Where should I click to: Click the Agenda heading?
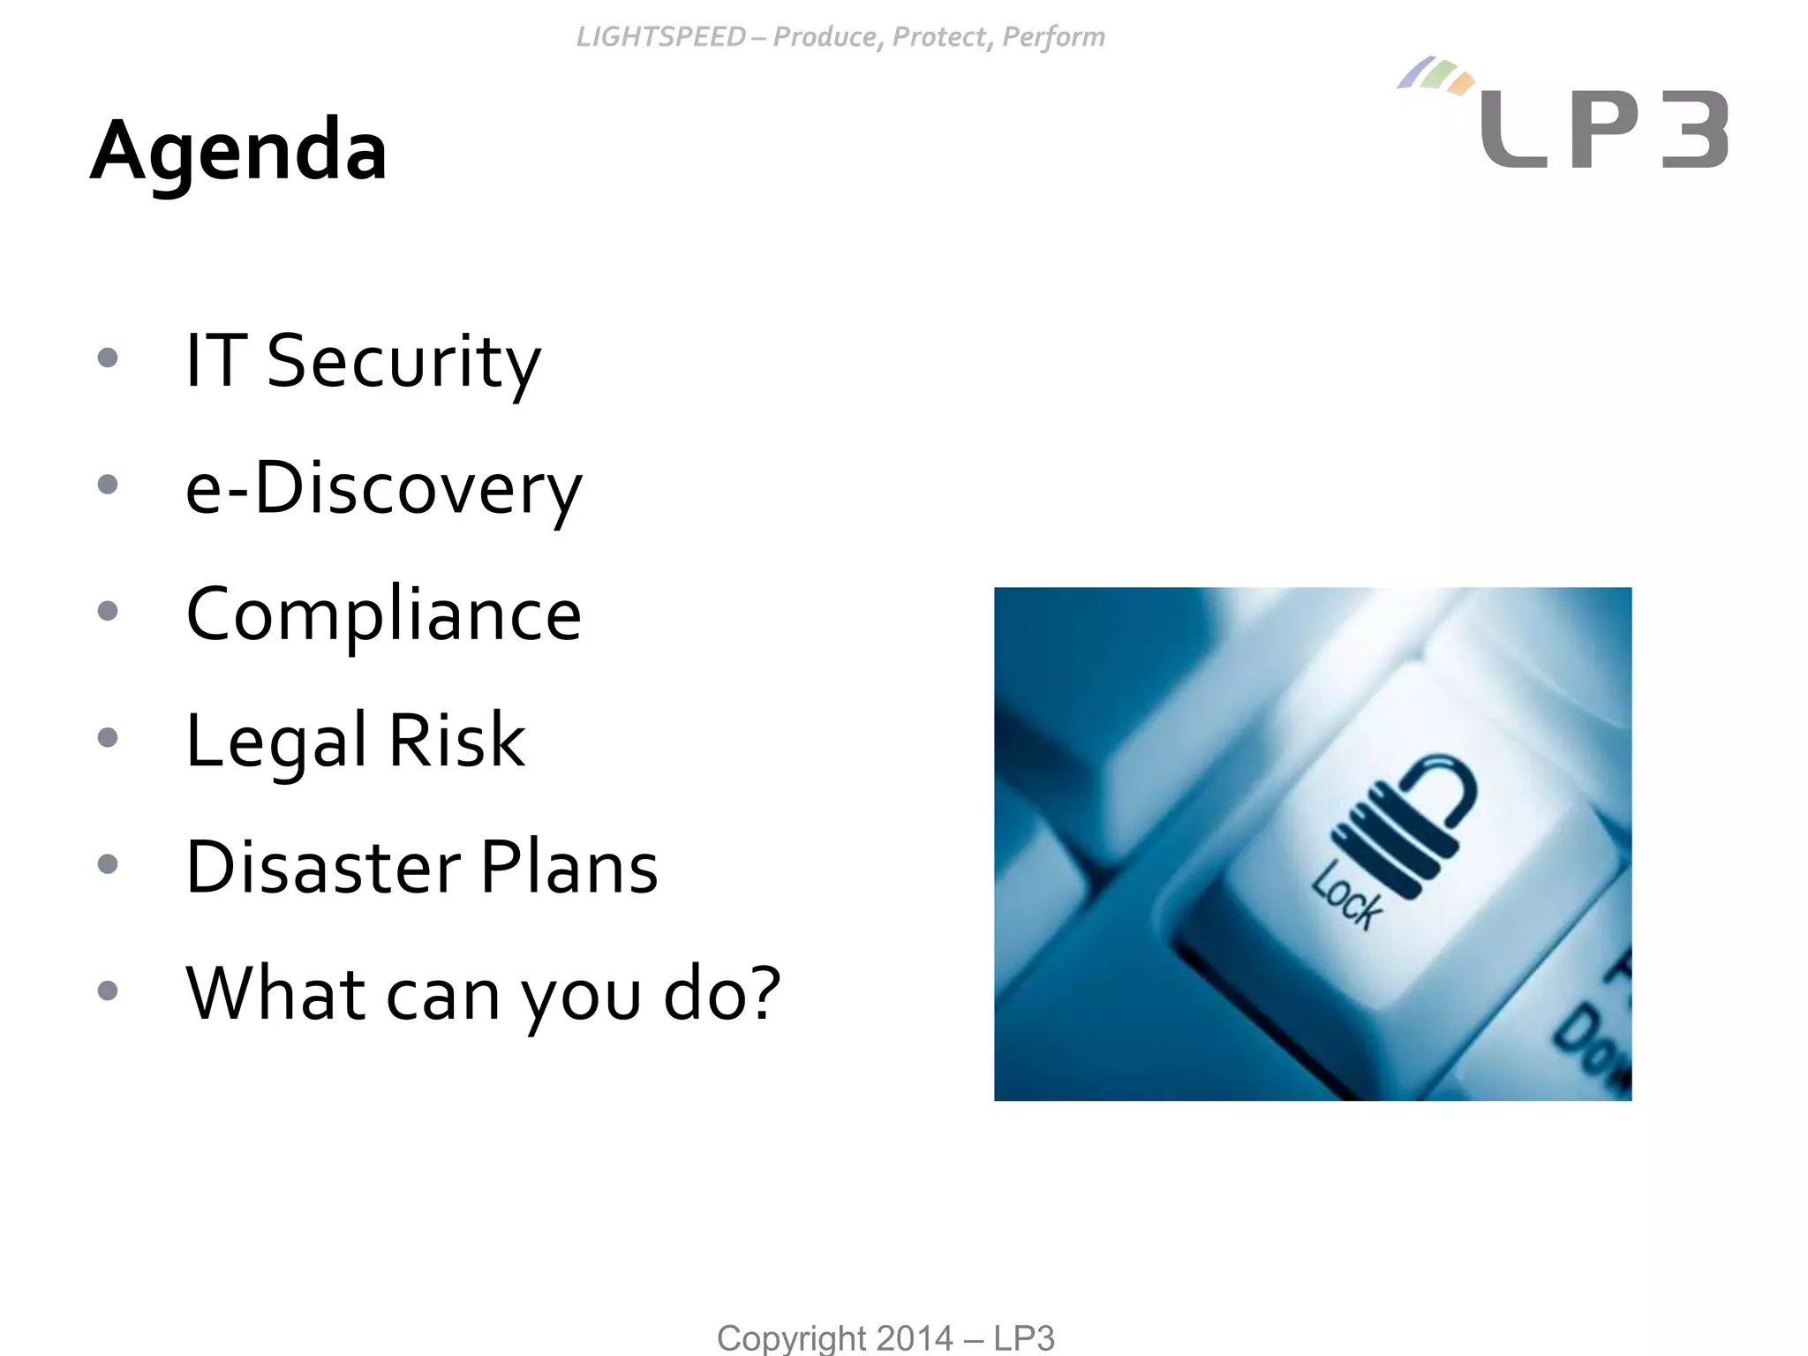[238, 150]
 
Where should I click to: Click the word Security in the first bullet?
[403, 362]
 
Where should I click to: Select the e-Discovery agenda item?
[383, 488]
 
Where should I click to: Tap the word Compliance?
[383, 614]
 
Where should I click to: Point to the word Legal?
[275, 742]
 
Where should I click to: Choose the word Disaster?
[323, 867]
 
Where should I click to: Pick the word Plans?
[569, 867]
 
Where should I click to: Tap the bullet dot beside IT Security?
[108, 358]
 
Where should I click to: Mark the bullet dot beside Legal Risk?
[108, 737]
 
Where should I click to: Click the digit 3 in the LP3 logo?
[1694, 130]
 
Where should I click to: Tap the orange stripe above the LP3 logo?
[1463, 84]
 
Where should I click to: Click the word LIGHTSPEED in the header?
[661, 37]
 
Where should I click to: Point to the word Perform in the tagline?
[1053, 37]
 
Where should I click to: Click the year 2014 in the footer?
[915, 1338]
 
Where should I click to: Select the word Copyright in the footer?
[792, 1338]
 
